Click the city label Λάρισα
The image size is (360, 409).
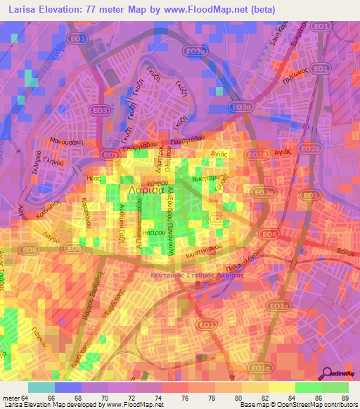pos(146,190)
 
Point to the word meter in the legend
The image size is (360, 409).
pos(11,397)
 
